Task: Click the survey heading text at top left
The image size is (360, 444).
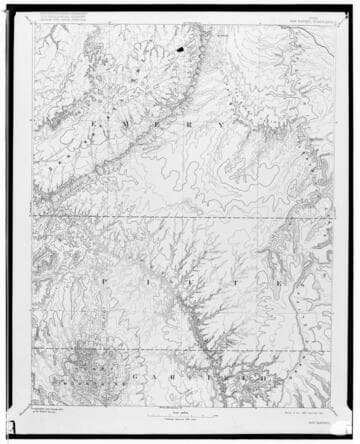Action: tap(62, 21)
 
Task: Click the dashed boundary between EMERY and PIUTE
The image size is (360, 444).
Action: tap(180, 213)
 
